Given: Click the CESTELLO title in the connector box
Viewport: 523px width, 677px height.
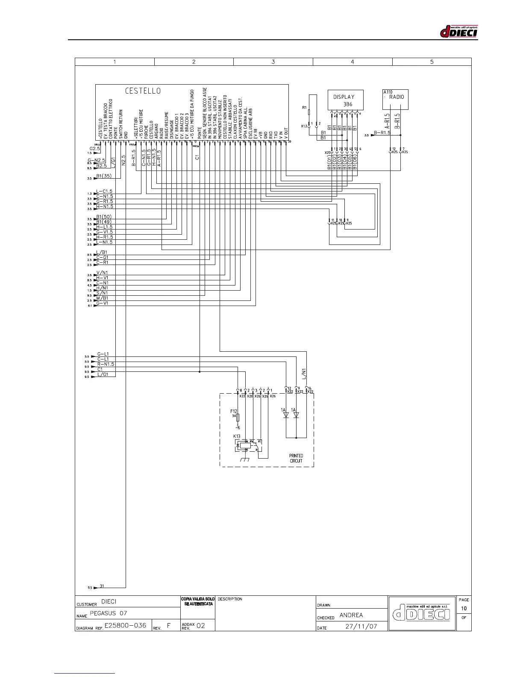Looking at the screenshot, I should pyautogui.click(x=143, y=91).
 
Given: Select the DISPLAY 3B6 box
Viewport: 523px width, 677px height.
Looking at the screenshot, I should pyautogui.click(x=345, y=100).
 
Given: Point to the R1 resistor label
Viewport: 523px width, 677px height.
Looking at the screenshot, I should pyautogui.click(x=304, y=107).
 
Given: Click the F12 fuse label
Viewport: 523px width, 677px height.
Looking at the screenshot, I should pyautogui.click(x=233, y=412).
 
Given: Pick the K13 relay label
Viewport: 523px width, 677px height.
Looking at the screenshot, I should pyautogui.click(x=236, y=436).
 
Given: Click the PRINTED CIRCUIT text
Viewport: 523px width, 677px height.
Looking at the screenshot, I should pyautogui.click(x=296, y=458).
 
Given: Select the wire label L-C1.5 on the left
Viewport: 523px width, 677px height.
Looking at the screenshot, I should pyautogui.click(x=104, y=191).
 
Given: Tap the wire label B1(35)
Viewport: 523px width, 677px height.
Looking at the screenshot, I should pyautogui.click(x=103, y=176).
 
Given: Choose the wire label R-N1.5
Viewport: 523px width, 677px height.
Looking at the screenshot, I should pyautogui.click(x=105, y=364).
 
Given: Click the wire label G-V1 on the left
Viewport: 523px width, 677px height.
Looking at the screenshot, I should pyautogui.click(x=102, y=303).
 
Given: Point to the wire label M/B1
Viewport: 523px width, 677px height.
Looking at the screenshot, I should pyautogui.click(x=102, y=298).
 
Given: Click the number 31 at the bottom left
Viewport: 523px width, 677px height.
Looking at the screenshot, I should pyautogui.click(x=102, y=586).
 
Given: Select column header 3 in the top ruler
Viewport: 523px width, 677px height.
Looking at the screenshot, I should pyautogui.click(x=273, y=62).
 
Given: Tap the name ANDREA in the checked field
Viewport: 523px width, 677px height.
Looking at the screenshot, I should pyautogui.click(x=351, y=615).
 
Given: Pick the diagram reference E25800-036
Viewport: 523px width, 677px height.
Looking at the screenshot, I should pyautogui.click(x=125, y=625).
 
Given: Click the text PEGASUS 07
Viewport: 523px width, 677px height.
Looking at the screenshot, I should pyautogui.click(x=109, y=613).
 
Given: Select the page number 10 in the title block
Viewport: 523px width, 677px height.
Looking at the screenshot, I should pyautogui.click(x=464, y=608).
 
